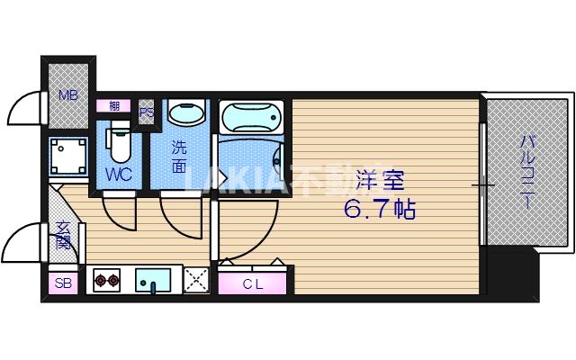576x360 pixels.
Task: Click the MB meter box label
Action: click(67, 94)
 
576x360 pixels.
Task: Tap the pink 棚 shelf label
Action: click(114, 105)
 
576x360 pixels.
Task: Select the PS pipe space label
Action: click(146, 112)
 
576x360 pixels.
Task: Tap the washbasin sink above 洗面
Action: click(186, 116)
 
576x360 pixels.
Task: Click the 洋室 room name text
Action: click(378, 176)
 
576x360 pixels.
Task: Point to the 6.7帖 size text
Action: click(379, 210)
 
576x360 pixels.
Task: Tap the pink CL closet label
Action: click(255, 283)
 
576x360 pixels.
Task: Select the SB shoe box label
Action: click(63, 283)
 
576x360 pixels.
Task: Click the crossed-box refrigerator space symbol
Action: click(196, 280)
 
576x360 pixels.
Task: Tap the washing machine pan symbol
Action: click(67, 156)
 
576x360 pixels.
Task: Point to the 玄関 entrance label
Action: click(64, 236)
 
